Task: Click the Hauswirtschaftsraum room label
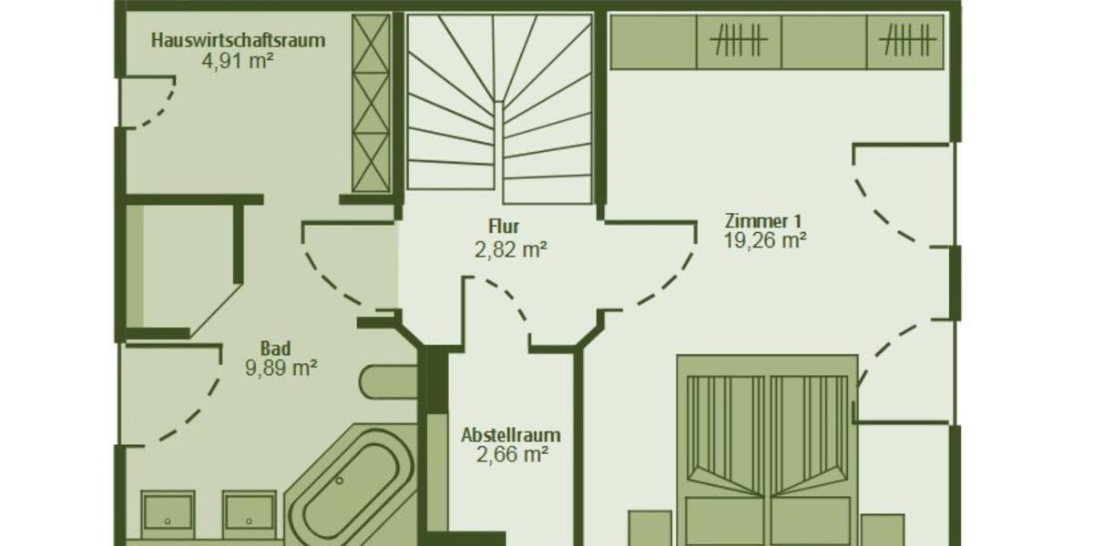(x=239, y=40)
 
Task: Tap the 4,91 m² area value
(x=239, y=61)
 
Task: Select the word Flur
(x=504, y=227)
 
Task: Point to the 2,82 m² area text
(x=510, y=248)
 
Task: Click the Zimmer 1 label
(x=763, y=221)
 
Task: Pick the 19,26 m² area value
(x=765, y=241)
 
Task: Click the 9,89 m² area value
(x=281, y=369)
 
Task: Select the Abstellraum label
(x=510, y=434)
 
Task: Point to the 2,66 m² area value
(x=511, y=453)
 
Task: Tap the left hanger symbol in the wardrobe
(x=739, y=41)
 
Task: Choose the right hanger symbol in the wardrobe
(x=907, y=41)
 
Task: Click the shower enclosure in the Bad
(x=182, y=268)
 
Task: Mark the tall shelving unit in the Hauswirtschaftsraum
(x=371, y=104)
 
